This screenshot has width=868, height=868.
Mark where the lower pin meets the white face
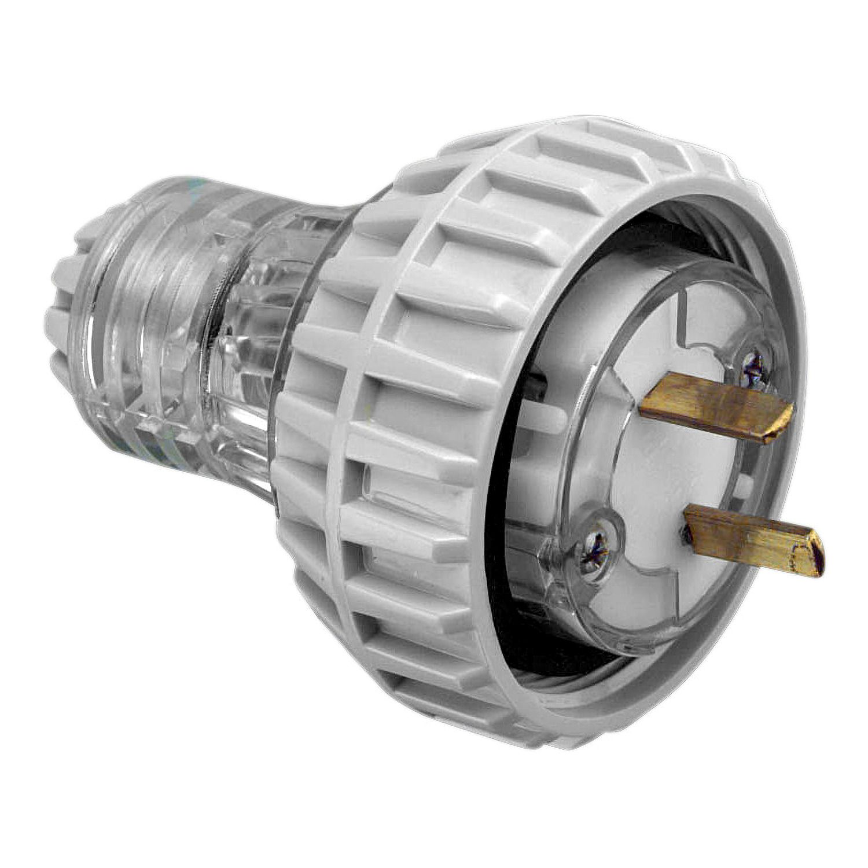point(692,518)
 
